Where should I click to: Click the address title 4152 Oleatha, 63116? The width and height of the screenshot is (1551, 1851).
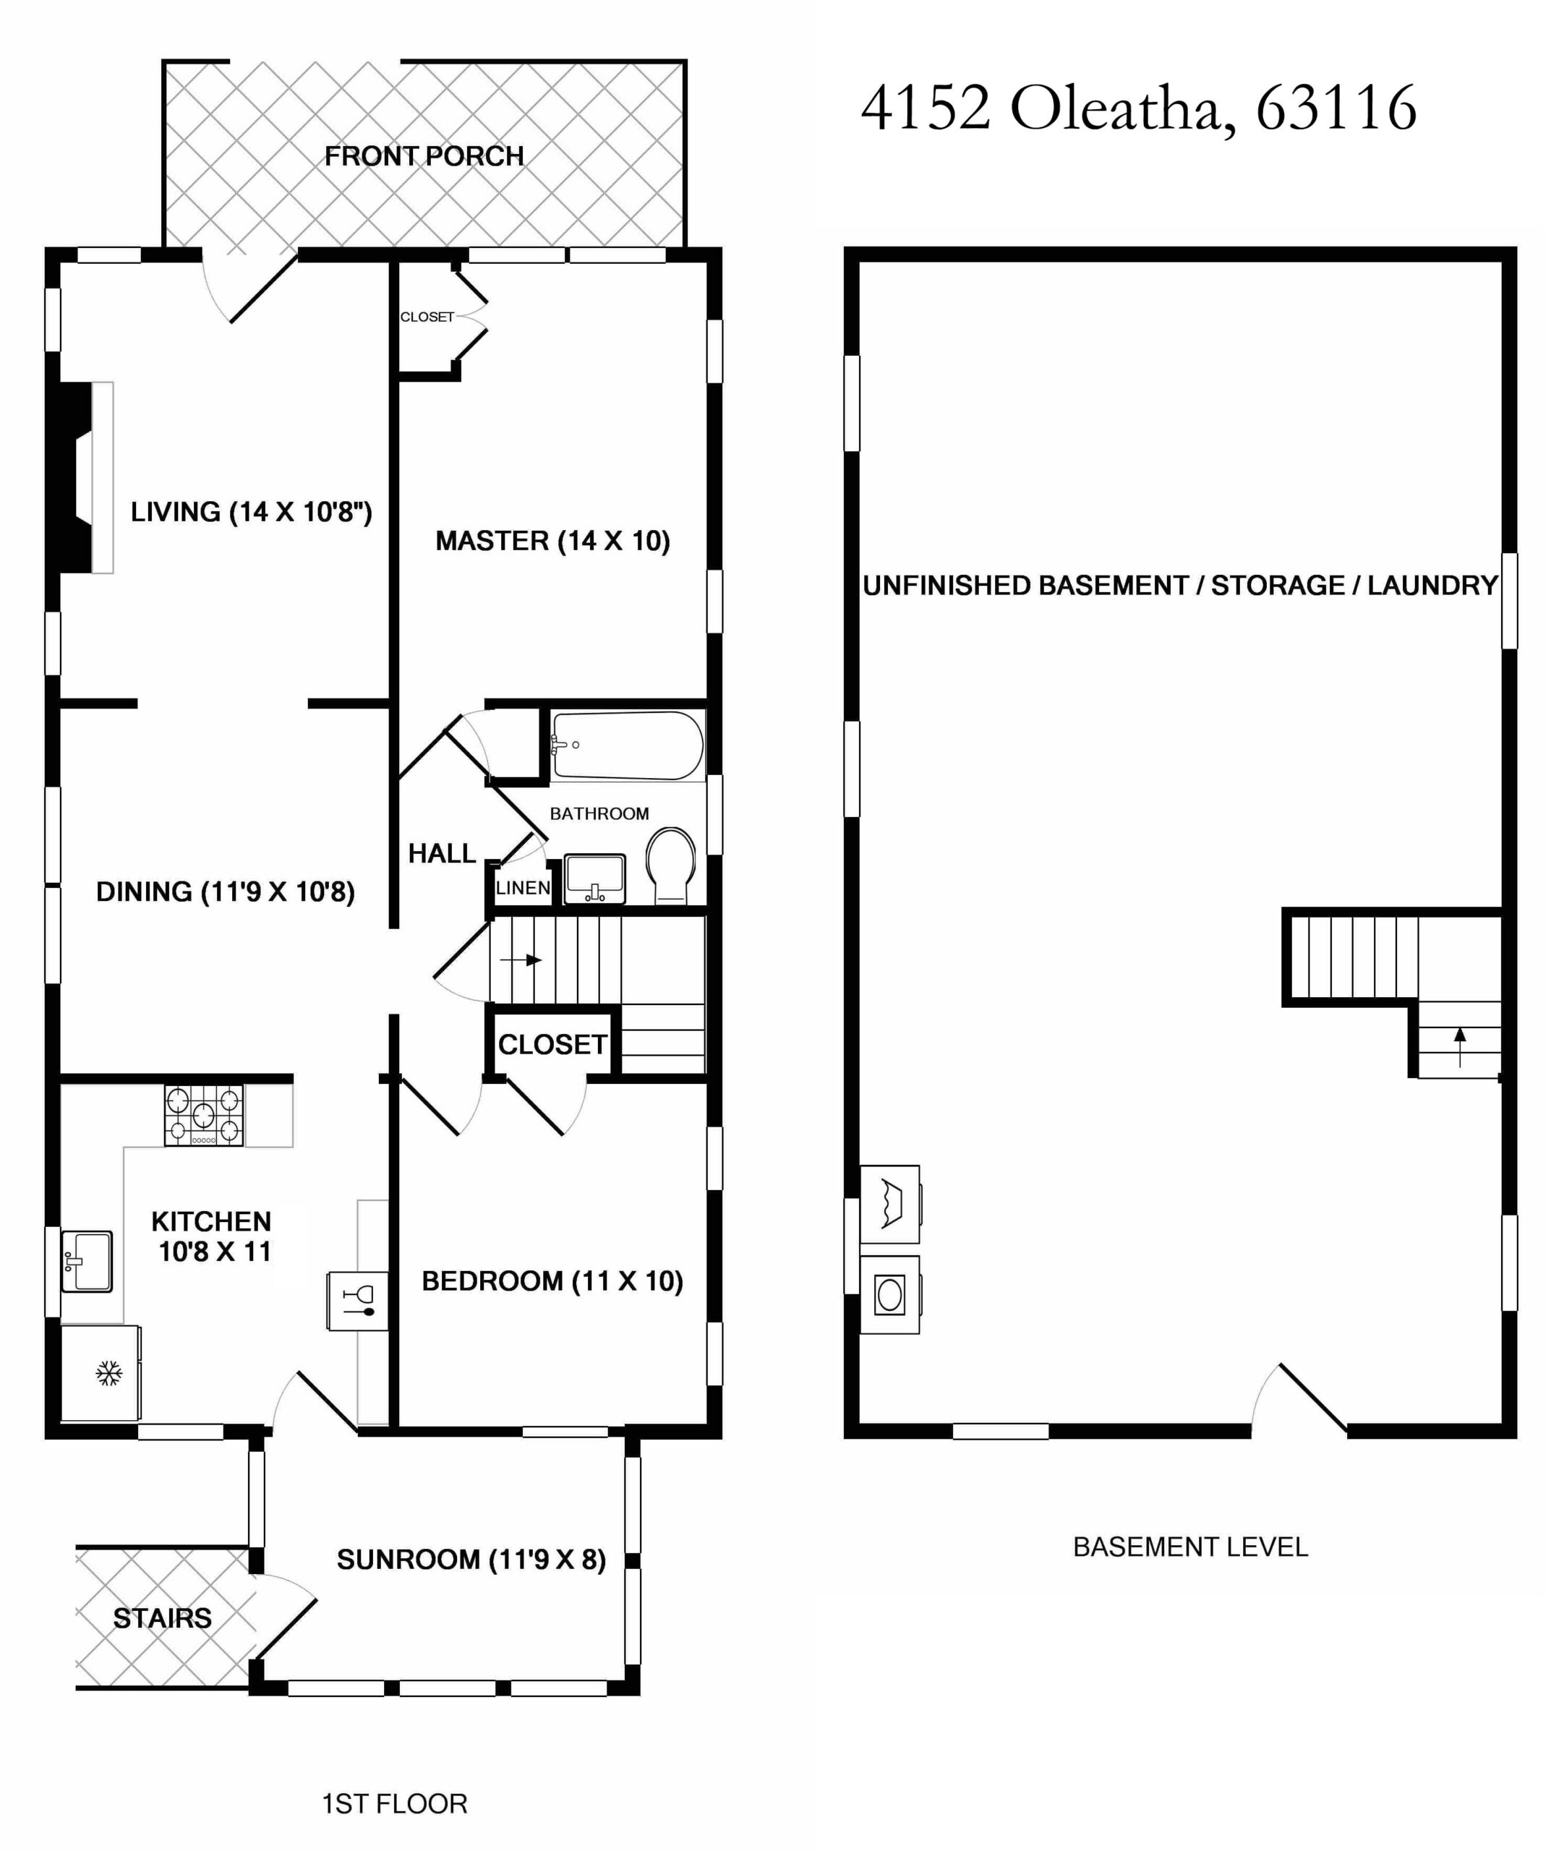1139,109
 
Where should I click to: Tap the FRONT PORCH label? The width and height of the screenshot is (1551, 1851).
424,156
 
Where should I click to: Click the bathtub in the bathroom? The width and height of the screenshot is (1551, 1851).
628,745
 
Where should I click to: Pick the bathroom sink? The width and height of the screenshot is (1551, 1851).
595,878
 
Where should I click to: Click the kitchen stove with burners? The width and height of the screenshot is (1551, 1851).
204,1115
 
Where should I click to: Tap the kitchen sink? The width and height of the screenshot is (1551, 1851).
86,1261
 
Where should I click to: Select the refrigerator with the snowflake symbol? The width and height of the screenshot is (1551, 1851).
100,1372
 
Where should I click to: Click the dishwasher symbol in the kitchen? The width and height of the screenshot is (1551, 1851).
357,1300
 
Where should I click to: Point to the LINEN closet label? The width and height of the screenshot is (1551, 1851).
523,888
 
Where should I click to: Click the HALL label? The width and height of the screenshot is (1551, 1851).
442,853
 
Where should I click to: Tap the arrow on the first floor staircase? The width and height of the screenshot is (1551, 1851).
521,960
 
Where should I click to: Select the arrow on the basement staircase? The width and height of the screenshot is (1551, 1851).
1460,1046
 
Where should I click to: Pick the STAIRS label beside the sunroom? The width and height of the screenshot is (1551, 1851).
162,1617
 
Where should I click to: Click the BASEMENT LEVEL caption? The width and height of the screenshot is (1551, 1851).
1191,1547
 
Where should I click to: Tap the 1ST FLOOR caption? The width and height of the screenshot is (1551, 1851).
395,1804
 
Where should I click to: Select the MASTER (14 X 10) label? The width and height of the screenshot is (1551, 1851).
552,540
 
